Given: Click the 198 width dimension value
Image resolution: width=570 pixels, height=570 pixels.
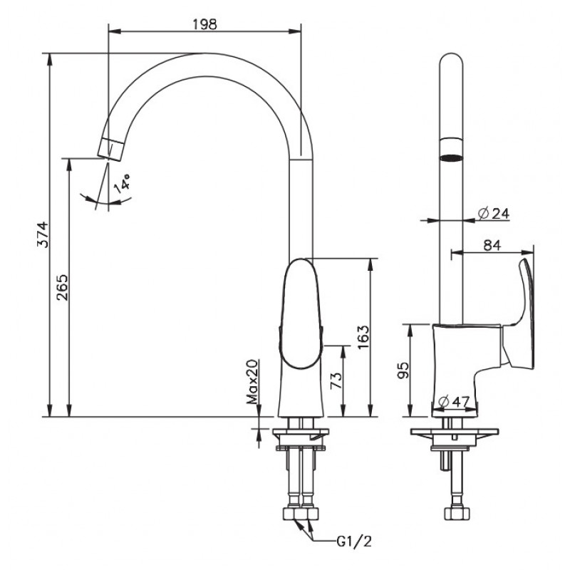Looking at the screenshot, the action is click(x=204, y=24).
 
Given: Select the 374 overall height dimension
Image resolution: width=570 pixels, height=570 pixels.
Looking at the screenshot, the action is click(x=43, y=234).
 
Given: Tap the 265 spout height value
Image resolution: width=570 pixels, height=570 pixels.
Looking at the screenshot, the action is click(x=62, y=287).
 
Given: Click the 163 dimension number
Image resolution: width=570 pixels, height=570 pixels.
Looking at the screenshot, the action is click(x=363, y=337).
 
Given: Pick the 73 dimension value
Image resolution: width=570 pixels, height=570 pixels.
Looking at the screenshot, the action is click(x=336, y=380).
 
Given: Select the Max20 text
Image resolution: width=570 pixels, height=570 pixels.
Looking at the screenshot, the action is click(x=252, y=382).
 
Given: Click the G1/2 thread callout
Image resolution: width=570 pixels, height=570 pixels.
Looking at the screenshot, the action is click(x=354, y=541).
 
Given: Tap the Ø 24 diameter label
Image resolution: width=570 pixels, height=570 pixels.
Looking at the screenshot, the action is click(x=494, y=213).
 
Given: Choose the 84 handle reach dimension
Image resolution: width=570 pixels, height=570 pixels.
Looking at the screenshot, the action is click(x=492, y=245).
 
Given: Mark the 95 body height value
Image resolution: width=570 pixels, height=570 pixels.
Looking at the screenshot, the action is click(x=403, y=370).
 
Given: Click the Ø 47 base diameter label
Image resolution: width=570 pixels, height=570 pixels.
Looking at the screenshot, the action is click(x=454, y=401).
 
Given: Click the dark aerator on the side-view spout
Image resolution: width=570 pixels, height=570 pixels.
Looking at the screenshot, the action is click(x=451, y=157).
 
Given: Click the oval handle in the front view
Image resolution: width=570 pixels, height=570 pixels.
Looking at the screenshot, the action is click(x=301, y=313).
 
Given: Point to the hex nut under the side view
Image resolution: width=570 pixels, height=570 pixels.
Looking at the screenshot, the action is click(x=457, y=513).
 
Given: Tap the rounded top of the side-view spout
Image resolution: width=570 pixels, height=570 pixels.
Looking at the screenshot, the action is click(x=451, y=60).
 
